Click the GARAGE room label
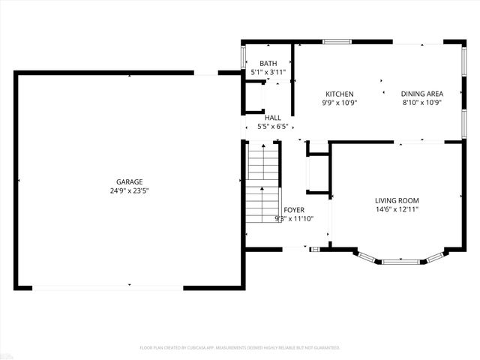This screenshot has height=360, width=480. pos(129,181)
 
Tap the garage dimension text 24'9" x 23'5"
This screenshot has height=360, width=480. pos(129,190)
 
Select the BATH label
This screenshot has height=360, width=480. pos(268,64)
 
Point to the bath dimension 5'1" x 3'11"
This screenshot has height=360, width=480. pos(268,73)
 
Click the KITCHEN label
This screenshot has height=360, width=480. pos(339,94)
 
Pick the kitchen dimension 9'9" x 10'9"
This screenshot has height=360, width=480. pos(339,103)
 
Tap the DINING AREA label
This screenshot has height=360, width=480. pos(421,94)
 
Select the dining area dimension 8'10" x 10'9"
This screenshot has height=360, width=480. pos(421,103)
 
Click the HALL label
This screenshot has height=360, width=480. pos(272,118)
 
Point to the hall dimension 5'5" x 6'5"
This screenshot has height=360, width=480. pos(272,127)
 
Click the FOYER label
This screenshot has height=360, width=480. pos(293,210)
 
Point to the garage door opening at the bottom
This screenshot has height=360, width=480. pos(109,286)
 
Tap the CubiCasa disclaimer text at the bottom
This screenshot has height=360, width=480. pos(240,348)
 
